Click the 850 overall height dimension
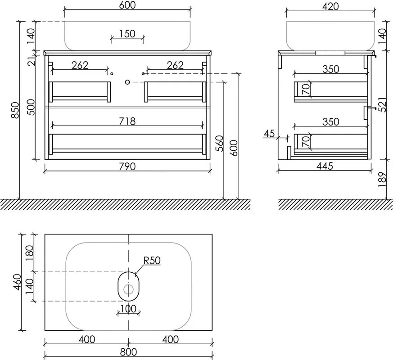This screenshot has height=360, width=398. (x=15, y=110)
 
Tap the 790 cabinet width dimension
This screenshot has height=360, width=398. (x=127, y=166)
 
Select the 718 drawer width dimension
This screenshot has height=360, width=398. (x=127, y=121)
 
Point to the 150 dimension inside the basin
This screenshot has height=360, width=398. (x=127, y=33)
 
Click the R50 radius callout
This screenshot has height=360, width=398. (x=152, y=260)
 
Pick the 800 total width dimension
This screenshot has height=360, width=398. (x=128, y=352)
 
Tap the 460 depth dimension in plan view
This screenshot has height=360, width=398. (x=17, y=282)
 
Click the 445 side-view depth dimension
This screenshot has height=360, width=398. (x=325, y=166)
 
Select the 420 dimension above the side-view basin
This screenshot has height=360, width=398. (x=330, y=6)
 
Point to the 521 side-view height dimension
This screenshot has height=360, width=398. (x=382, y=104)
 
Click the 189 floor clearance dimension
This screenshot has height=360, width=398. (x=382, y=180)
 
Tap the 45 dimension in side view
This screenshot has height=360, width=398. (x=269, y=134)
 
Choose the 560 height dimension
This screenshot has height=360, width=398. (x=219, y=144)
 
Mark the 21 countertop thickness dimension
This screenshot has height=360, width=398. (x=32, y=61)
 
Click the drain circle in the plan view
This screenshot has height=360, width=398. (x=128, y=289)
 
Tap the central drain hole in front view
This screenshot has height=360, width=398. (x=127, y=82)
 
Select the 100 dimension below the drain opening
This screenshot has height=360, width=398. (x=128, y=309)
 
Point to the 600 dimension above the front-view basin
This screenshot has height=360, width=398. (x=127, y=5)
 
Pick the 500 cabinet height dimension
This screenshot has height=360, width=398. (x=31, y=107)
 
